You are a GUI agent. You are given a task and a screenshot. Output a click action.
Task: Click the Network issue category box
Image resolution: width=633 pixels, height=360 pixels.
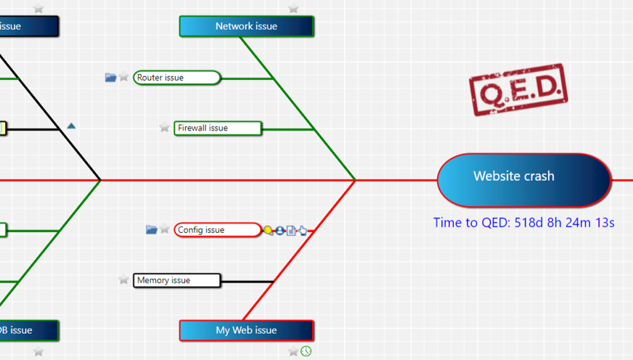pyautogui.click(x=246, y=26)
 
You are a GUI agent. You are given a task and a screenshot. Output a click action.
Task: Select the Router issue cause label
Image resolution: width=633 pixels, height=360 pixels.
pyautogui.click(x=176, y=78)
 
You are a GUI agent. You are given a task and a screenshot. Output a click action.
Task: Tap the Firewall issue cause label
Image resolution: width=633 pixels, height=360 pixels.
pyautogui.click(x=217, y=128)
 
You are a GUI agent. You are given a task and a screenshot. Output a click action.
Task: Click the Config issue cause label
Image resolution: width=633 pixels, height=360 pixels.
pyautogui.click(x=216, y=230)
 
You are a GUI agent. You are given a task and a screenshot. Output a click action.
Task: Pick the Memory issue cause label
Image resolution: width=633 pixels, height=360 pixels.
pyautogui.click(x=176, y=280)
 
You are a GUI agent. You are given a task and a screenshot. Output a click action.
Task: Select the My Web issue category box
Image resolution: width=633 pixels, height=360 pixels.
pyautogui.click(x=246, y=330)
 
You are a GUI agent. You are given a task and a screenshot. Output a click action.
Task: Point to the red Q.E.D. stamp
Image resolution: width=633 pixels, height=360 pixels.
pyautogui.click(x=518, y=89)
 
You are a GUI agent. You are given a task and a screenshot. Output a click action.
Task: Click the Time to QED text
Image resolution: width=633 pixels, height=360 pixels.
pyautogui.click(x=523, y=223)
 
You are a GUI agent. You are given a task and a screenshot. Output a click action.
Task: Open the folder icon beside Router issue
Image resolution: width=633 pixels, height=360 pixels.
pyautogui.click(x=110, y=77)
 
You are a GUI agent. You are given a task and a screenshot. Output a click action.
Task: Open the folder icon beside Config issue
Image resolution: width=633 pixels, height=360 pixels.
pyautogui.click(x=151, y=229)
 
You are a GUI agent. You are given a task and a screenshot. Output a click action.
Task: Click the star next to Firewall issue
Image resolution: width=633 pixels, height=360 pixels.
pyautogui.click(x=165, y=128)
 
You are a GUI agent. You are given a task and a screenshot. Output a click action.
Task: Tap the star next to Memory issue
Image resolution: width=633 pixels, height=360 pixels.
pyautogui.click(x=124, y=280)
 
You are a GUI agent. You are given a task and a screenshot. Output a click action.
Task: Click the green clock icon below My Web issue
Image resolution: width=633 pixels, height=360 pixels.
pyautogui.click(x=306, y=351)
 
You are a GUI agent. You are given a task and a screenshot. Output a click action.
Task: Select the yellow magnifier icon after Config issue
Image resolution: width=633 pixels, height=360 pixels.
pyautogui.click(x=268, y=231)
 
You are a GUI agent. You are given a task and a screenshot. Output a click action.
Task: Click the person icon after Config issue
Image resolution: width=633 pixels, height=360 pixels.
pyautogui.click(x=279, y=231)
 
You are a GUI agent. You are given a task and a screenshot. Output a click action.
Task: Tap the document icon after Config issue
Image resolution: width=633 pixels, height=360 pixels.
pyautogui.click(x=291, y=231)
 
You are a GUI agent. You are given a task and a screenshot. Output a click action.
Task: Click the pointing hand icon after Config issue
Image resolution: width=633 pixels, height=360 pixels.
pyautogui.click(x=302, y=231)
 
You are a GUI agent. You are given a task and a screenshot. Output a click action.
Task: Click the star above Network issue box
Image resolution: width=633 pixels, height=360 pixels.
pyautogui.click(x=293, y=9)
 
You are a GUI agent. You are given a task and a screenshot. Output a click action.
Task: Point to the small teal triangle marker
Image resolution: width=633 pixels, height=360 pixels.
pyautogui.click(x=71, y=126)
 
